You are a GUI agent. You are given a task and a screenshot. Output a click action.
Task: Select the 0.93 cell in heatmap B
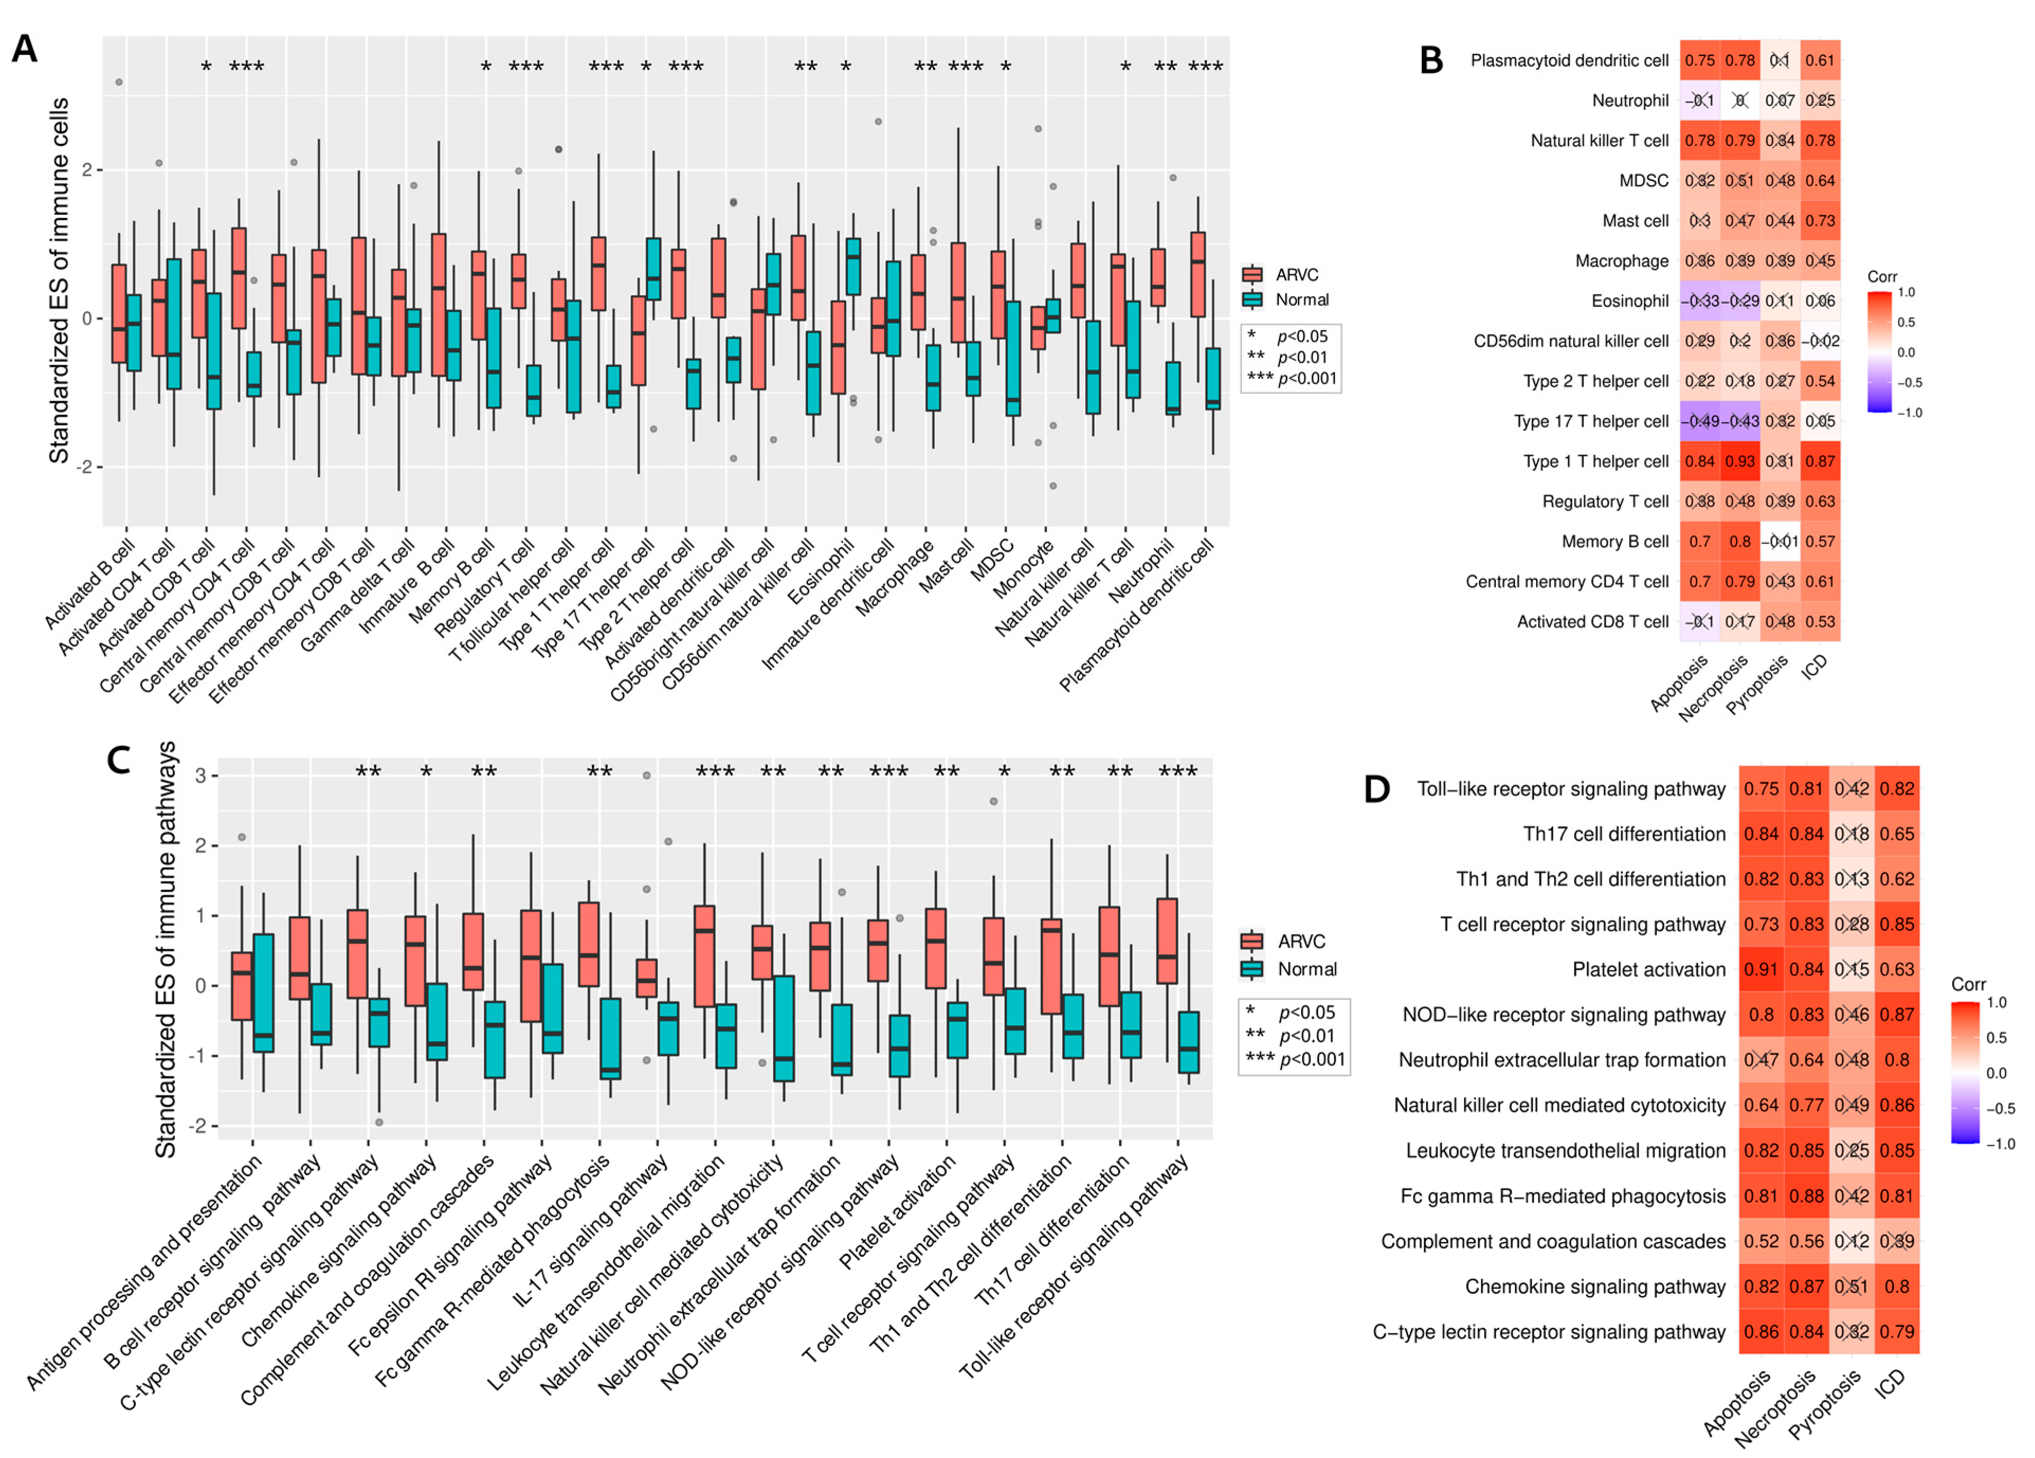point(1740,461)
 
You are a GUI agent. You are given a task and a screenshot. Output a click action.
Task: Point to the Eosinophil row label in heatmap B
point(1630,301)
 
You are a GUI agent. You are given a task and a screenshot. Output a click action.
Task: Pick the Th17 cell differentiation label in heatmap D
point(1623,834)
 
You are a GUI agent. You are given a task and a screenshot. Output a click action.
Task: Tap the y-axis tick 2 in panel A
point(86,169)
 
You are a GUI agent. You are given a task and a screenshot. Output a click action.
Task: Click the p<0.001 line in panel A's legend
point(1292,378)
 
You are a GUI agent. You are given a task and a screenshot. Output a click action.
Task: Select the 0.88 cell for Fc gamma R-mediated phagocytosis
point(1806,1196)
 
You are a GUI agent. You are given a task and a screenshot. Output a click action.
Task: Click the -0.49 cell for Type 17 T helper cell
point(1700,421)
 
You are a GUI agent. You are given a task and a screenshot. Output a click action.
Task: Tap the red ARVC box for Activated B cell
point(119,313)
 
